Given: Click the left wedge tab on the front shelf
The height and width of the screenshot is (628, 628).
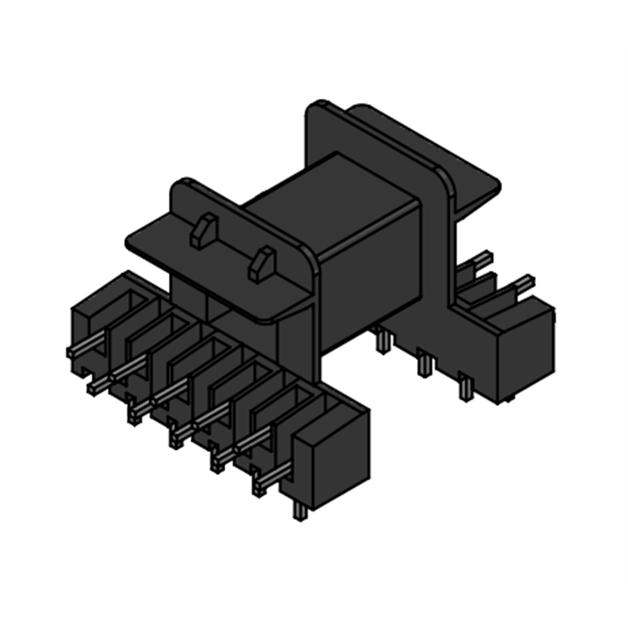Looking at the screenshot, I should coord(204,232).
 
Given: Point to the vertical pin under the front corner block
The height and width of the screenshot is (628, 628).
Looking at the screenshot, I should coord(298,509).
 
